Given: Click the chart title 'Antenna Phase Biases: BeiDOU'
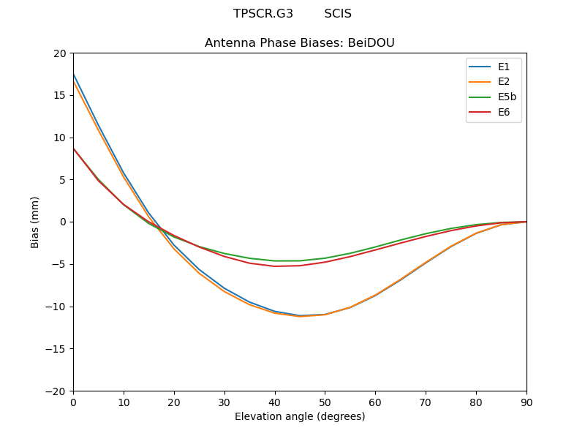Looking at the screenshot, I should click(300, 43).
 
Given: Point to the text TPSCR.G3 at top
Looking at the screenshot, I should click(263, 14).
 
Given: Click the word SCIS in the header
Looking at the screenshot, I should click(338, 14).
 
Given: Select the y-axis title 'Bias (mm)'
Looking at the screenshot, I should click(35, 222).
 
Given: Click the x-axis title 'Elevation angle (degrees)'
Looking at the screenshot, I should click(300, 416).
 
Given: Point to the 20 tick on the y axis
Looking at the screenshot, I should click(59, 53).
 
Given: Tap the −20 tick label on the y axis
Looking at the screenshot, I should click(56, 391).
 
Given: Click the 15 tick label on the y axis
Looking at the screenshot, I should click(59, 95).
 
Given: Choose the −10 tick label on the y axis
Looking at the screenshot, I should click(56, 307).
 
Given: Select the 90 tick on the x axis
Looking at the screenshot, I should click(526, 402).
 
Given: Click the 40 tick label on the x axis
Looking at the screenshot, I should click(275, 402).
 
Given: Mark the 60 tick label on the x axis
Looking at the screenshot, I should click(375, 402).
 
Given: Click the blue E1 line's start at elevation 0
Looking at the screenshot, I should click(74, 75).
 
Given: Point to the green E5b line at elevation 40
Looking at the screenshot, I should click(275, 260).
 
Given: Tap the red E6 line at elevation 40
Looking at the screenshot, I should click(275, 266).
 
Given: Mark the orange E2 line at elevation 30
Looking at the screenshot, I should click(224, 292).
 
